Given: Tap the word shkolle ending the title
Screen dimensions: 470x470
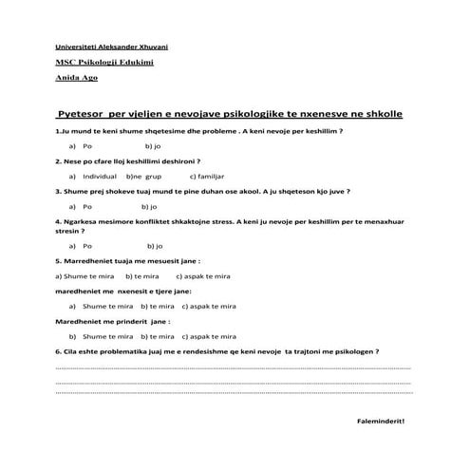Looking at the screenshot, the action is tap(381, 113).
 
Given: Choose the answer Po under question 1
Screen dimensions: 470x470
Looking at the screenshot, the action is tap(86, 147).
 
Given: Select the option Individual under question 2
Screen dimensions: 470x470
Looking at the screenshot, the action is tap(100, 177).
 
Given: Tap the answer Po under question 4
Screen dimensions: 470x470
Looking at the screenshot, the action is tap(86, 245).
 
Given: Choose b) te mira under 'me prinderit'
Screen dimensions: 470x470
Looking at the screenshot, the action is tap(157, 335).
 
